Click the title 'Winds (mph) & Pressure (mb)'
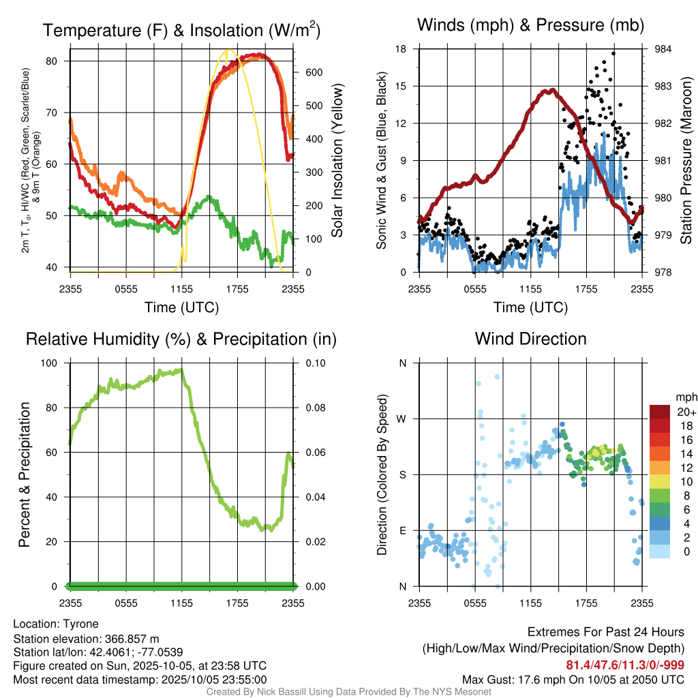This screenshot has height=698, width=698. (x=530, y=26)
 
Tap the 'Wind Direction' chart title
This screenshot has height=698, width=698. (x=530, y=339)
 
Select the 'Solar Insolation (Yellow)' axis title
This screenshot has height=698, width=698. (x=337, y=161)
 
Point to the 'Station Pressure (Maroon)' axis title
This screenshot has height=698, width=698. (x=686, y=161)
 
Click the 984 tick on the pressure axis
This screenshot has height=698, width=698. (x=662, y=49)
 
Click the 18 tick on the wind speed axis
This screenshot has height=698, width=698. (x=401, y=49)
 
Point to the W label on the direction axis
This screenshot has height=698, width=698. (x=402, y=419)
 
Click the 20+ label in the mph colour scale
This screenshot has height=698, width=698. (x=685, y=412)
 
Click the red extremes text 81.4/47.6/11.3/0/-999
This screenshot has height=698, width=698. (x=625, y=665)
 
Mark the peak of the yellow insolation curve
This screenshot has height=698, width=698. (x=228, y=50)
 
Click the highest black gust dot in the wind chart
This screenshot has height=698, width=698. (x=613, y=53)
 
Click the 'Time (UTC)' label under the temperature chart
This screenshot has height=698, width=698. (x=181, y=307)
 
